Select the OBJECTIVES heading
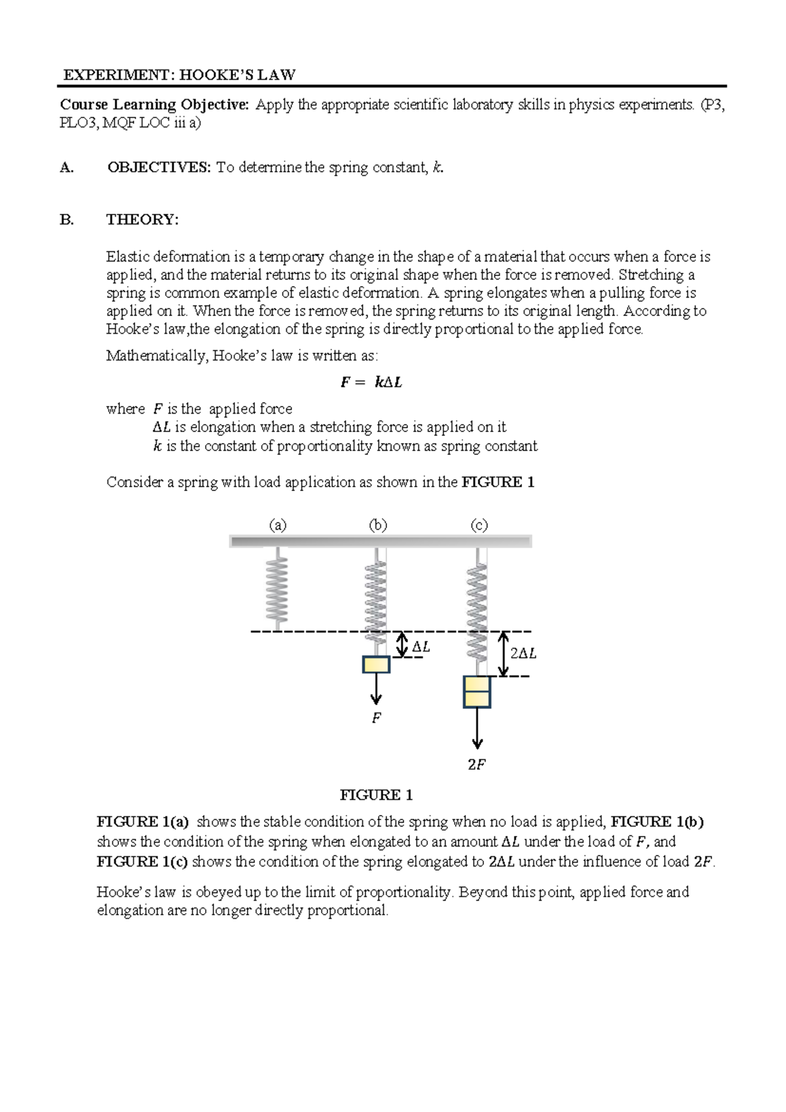pyautogui.click(x=159, y=168)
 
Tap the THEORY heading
pyautogui.click(x=142, y=220)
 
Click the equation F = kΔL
pyautogui.click(x=371, y=382)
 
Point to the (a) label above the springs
pyautogui.click(x=278, y=525)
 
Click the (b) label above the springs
pyautogui.click(x=378, y=525)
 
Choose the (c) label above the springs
pyautogui.click(x=479, y=525)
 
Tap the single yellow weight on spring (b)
pyautogui.click(x=376, y=665)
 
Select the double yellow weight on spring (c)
pyautogui.click(x=477, y=692)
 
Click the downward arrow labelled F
pyautogui.click(x=376, y=688)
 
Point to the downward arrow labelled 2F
pyautogui.click(x=477, y=728)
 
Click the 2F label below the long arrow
pyautogui.click(x=476, y=764)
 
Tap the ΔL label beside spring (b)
pyautogui.click(x=421, y=648)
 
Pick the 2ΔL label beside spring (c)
pyautogui.click(x=523, y=654)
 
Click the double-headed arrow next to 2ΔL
pyautogui.click(x=503, y=654)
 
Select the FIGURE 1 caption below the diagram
pyautogui.click(x=376, y=795)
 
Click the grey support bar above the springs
pyautogui.click(x=380, y=541)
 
